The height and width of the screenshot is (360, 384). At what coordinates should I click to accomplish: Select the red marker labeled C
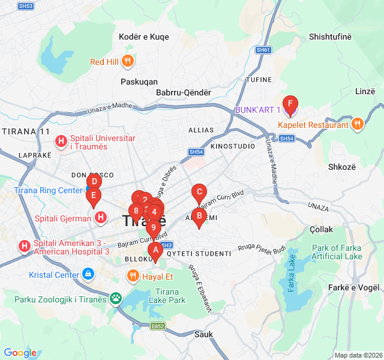click(199, 193)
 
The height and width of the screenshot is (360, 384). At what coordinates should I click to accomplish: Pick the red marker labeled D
click(94, 181)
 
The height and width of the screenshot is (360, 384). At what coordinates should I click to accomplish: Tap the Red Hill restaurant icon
click(127, 61)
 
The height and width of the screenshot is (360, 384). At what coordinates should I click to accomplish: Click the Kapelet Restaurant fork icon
click(358, 124)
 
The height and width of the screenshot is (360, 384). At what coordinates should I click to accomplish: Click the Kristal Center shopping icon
click(88, 275)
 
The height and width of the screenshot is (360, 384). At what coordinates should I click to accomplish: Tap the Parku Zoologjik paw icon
click(115, 298)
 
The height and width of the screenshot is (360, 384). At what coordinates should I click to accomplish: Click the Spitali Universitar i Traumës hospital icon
click(61, 142)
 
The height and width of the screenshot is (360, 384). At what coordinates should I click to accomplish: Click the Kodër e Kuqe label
click(144, 37)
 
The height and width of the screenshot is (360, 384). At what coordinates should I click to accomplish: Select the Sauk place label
click(203, 334)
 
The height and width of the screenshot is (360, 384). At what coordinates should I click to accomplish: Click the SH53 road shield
click(26, 5)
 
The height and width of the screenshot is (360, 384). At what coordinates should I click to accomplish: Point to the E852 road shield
click(158, 326)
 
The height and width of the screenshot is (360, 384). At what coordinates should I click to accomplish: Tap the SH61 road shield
click(263, 50)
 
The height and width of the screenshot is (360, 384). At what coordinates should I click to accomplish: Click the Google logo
click(20, 353)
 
